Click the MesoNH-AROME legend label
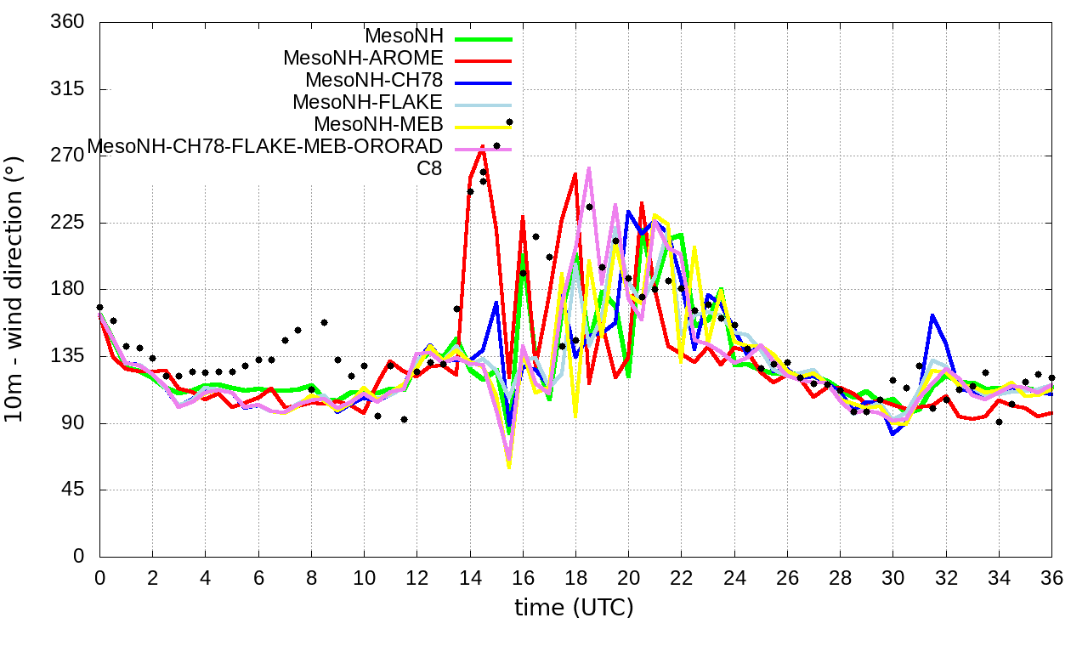[363, 59]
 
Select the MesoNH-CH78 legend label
[374, 81]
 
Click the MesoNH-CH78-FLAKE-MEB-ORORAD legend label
[264, 145]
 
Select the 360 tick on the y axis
[68, 23]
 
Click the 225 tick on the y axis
[68, 223]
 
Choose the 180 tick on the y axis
[68, 290]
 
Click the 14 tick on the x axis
[469, 577]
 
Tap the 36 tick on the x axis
[1051, 577]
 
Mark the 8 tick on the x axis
[311, 577]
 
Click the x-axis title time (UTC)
[574, 608]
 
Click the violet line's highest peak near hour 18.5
[589, 168]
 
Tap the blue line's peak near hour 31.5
[932, 315]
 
